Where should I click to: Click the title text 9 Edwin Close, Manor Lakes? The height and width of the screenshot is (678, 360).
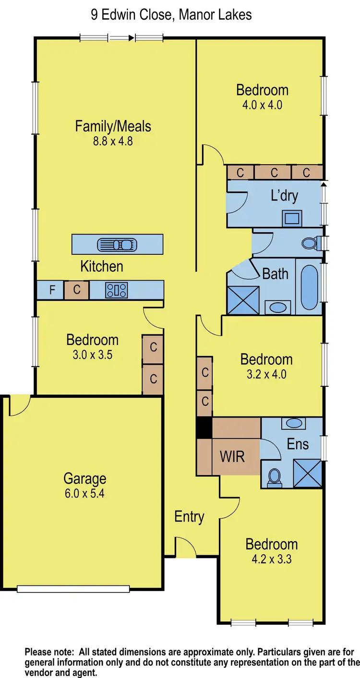pos(171,15)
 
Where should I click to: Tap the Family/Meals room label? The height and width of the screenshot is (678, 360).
pos(113,126)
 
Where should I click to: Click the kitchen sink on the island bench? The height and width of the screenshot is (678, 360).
pos(117,245)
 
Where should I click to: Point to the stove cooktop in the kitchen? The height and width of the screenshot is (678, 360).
pos(117,290)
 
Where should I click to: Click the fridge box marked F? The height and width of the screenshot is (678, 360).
pos(53,290)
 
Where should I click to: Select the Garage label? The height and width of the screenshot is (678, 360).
pos(84,478)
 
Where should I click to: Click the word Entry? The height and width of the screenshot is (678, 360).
pos(189,517)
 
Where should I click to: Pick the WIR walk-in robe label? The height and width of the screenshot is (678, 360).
pos(232,456)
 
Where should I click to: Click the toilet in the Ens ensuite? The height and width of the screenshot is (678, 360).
pos(275,477)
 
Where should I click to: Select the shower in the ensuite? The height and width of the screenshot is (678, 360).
pos(307,474)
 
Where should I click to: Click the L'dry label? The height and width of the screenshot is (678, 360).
pos(285,195)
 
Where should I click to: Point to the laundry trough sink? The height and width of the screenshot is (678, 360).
pos(292,218)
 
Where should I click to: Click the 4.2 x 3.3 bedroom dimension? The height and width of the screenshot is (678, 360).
pos(271,559)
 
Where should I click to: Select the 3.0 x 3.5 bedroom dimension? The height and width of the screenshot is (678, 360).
pos(92,355)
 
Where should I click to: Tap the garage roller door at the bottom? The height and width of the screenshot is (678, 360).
pos(73,589)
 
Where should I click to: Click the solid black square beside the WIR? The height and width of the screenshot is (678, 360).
pos(204,427)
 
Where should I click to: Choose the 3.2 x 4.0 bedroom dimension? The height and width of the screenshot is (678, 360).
pos(266,374)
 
